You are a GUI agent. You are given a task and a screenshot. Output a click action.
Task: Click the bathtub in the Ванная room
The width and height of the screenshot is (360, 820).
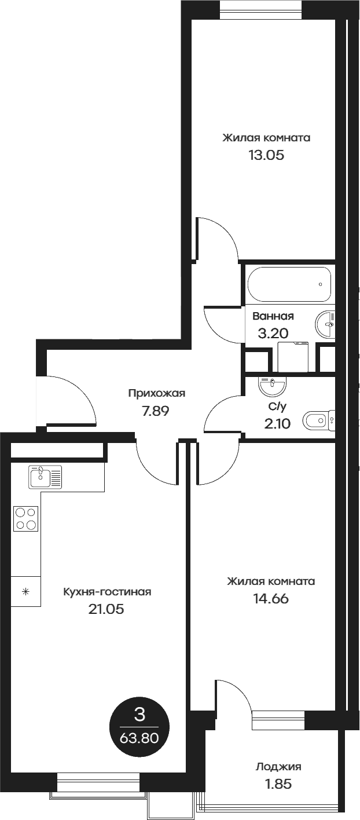(289, 284)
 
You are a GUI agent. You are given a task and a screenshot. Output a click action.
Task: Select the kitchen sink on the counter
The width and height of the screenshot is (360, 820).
(45, 478)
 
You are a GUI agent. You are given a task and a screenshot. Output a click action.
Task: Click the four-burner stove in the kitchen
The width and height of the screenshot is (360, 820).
(25, 518)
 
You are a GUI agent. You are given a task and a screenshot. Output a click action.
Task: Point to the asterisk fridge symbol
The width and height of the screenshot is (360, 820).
(25, 592)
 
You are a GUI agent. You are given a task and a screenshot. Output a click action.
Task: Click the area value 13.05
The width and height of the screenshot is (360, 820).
(266, 155)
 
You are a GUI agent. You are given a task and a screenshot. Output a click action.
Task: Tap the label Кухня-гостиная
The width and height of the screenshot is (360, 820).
(107, 592)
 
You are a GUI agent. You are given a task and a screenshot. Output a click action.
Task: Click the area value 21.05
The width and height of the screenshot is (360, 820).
(106, 609)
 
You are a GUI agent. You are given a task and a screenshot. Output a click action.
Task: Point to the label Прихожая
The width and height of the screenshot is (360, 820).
(156, 394)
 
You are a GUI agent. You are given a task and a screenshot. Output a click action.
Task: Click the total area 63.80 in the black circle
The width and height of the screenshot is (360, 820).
(139, 738)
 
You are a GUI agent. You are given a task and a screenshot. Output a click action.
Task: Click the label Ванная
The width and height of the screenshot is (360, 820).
(273, 316)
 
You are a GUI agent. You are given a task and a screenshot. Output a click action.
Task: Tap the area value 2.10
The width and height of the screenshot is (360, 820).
(275, 423)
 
